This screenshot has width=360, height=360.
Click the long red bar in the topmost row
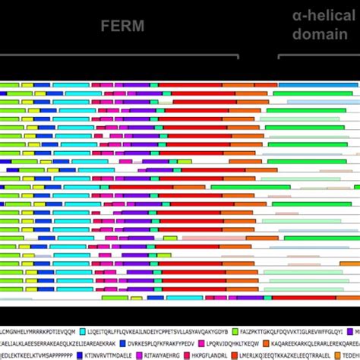(190, 84)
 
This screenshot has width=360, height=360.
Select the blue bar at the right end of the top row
(319, 84)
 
